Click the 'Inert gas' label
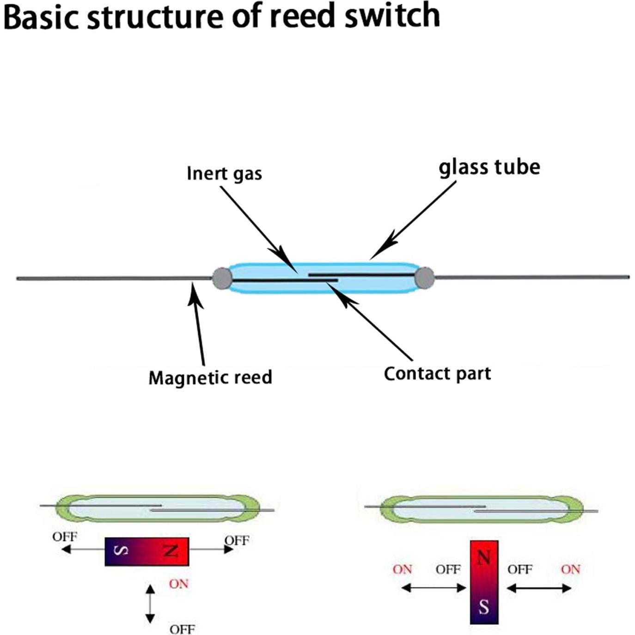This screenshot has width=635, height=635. point(224,174)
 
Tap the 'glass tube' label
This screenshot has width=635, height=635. point(489,167)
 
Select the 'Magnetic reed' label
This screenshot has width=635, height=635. point(210,378)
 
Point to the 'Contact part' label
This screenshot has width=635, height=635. point(437,373)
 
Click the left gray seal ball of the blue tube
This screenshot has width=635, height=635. point(222,279)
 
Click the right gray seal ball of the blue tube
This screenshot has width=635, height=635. point(424,277)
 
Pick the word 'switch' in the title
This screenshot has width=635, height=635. point(392,16)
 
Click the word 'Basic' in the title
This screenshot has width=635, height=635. point(42,17)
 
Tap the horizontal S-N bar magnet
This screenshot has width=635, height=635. point(147,551)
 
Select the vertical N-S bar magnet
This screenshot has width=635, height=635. point(484,582)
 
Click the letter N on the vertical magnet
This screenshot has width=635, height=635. point(483,558)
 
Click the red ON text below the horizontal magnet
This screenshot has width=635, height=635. point(179,584)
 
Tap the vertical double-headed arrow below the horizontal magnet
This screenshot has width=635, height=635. point(150,604)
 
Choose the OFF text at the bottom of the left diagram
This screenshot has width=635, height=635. point(182,629)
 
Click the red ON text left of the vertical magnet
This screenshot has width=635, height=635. point(402,569)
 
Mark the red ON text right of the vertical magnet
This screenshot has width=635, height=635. point(570,569)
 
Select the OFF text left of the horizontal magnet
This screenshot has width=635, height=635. point(65,537)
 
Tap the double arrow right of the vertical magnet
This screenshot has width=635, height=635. point(539,588)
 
